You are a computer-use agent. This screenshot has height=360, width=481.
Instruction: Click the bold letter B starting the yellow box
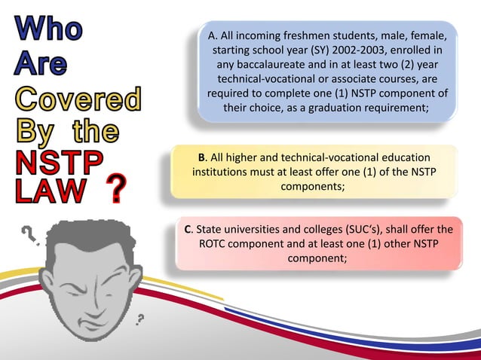pos(201,157)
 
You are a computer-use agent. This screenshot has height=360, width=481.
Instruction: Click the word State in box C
pos(210,229)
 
